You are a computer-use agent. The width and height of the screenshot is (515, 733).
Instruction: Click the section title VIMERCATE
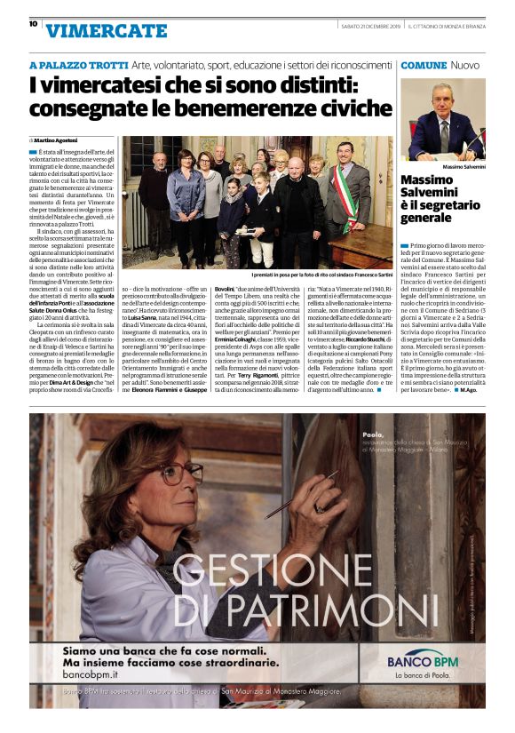[106, 30]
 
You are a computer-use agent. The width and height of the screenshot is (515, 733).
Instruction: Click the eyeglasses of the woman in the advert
[168, 474]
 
